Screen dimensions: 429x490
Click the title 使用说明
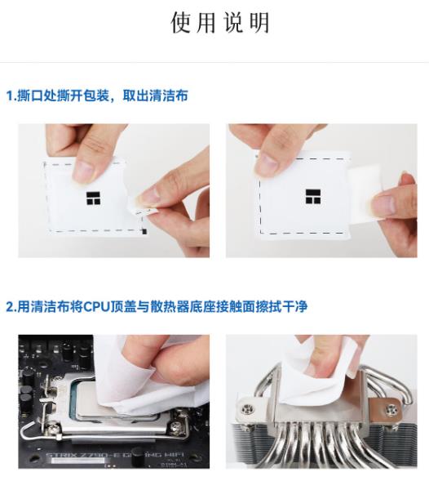220,23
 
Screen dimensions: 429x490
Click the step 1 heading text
97,96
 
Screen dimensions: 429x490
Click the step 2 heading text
157,306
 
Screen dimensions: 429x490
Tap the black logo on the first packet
94,198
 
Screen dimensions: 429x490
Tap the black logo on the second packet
313,197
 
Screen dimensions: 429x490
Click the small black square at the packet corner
144,232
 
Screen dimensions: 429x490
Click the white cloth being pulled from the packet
365,194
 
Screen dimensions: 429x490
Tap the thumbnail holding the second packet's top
267,164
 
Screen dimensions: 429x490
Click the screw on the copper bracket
391,408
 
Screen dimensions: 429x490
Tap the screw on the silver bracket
247,409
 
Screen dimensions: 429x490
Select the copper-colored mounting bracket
384,409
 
